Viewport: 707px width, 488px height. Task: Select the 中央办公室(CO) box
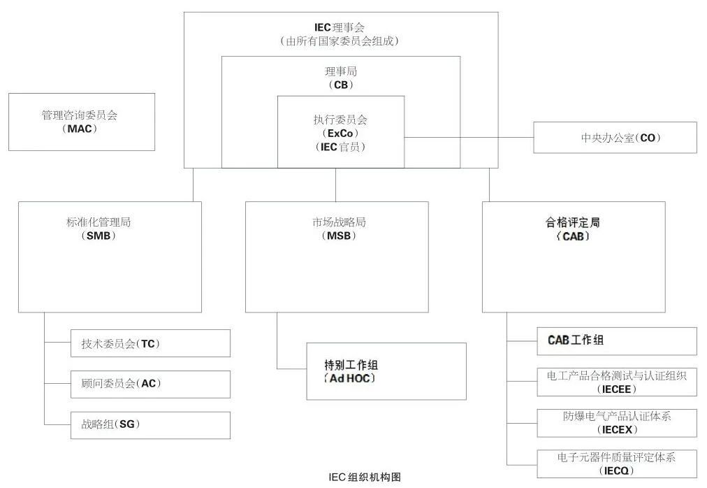click(615, 138)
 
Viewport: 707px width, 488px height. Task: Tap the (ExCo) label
click(340, 133)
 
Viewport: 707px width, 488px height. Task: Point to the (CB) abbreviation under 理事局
click(340, 85)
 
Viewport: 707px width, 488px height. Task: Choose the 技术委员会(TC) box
click(150, 343)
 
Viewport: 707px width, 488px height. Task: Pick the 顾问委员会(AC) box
click(150, 384)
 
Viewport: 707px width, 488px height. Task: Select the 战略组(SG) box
click(150, 424)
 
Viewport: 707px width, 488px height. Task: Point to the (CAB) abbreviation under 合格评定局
click(573, 237)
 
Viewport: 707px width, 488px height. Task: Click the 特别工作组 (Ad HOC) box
click(386, 371)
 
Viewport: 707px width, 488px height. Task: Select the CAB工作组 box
click(616, 340)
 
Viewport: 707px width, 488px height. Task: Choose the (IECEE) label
click(615, 389)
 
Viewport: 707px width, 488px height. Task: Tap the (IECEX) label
click(615, 429)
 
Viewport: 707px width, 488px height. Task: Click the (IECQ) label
click(615, 470)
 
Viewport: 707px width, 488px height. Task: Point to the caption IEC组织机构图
click(365, 478)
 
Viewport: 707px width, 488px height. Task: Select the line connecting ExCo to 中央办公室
click(468, 138)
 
